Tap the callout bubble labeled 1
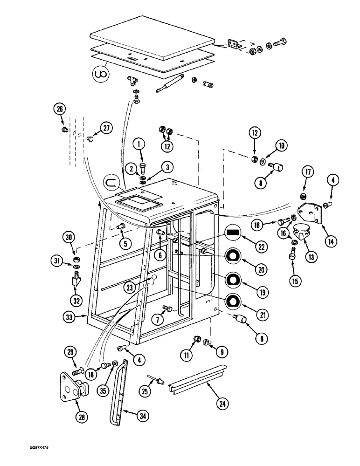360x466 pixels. (138, 145)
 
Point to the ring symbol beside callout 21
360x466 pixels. (233, 302)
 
